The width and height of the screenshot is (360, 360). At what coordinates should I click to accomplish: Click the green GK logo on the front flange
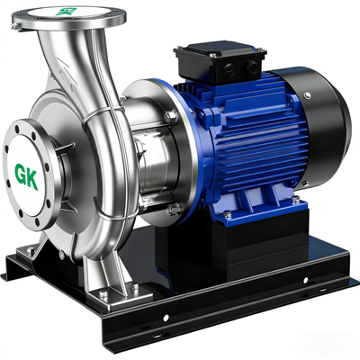pos(27,176)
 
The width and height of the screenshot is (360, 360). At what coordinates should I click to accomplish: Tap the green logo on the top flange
pos(67,11)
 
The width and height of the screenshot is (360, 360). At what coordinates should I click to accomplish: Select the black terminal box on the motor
pos(220,62)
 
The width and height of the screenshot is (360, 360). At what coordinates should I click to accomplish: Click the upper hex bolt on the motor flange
pos(171,116)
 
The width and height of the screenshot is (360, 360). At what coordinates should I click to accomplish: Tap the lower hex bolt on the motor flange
pos(173,209)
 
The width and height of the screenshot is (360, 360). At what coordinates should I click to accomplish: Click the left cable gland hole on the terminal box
pos(229,69)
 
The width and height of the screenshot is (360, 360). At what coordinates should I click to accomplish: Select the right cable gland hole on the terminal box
pos(251,67)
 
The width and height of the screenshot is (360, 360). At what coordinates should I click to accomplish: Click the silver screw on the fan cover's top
pos(307,95)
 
